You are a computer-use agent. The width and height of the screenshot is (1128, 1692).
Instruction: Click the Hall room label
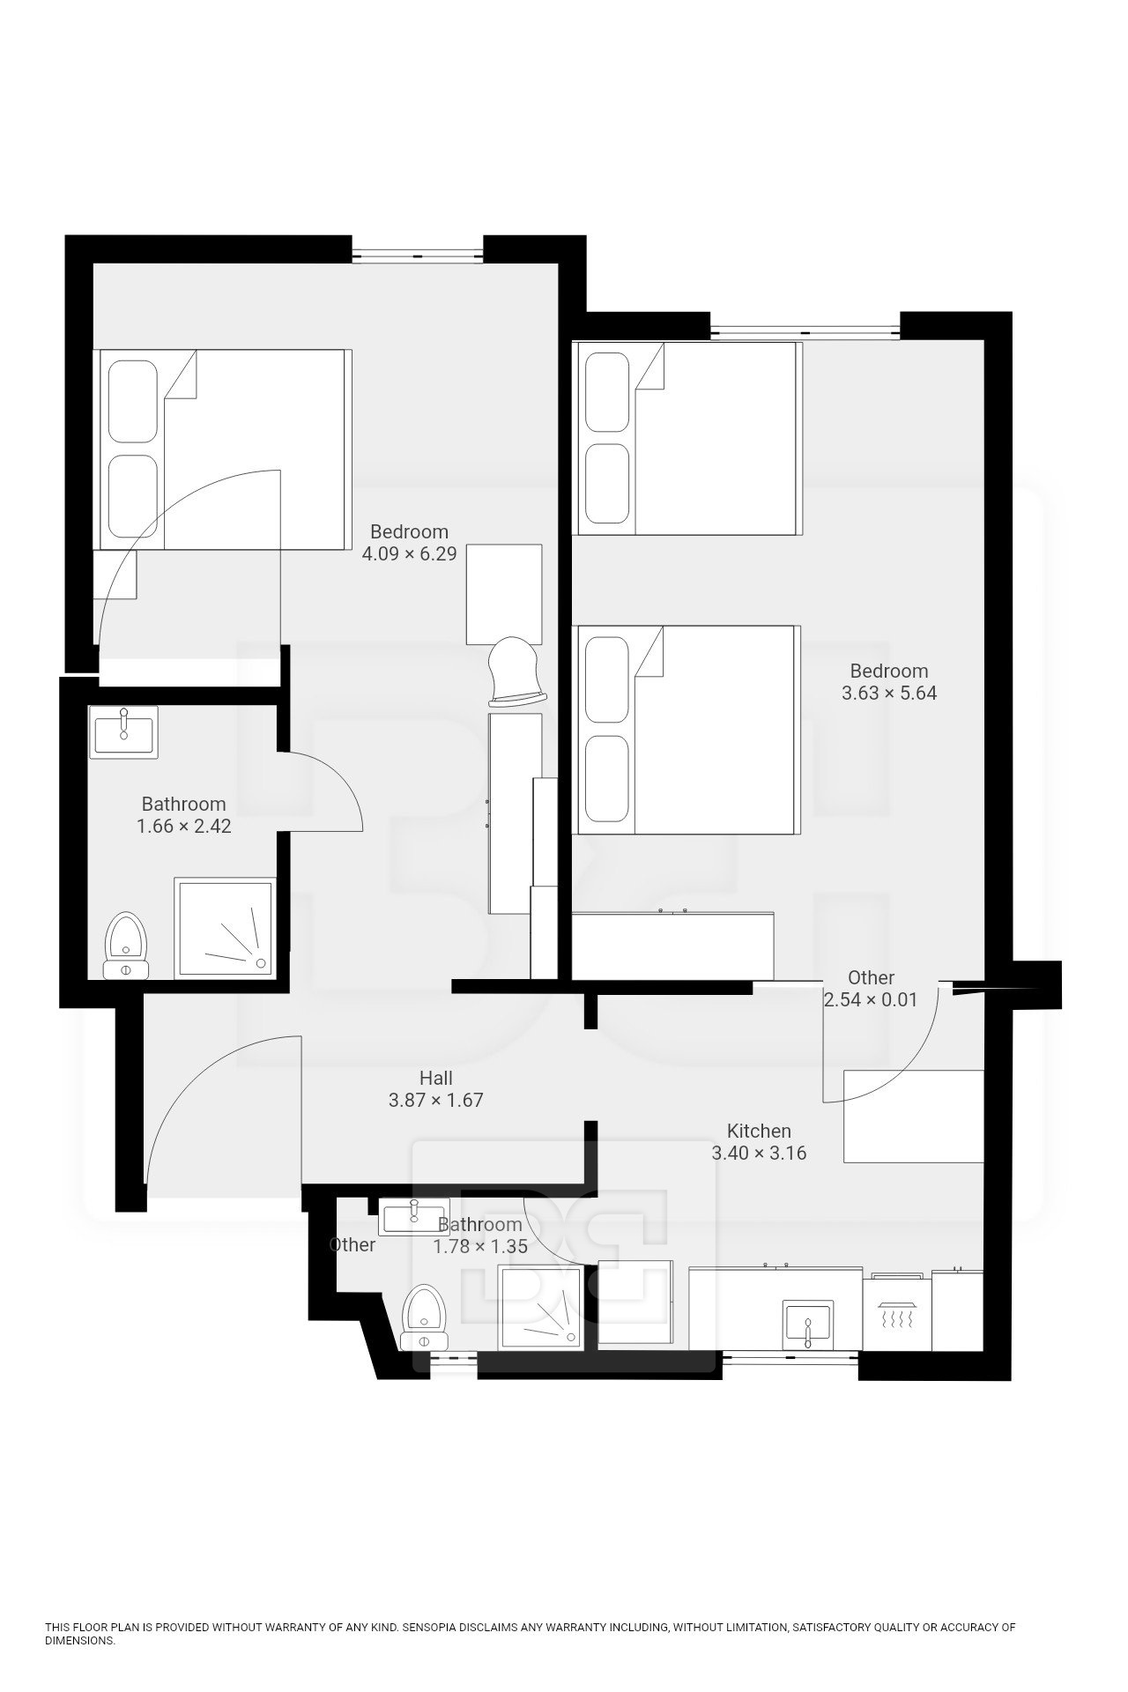(x=435, y=1078)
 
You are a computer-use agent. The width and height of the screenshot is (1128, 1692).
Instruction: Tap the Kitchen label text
(x=759, y=1131)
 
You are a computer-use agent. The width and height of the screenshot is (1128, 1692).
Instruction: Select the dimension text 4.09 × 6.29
(x=409, y=554)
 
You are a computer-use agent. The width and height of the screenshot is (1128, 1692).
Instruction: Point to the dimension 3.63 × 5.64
(x=889, y=693)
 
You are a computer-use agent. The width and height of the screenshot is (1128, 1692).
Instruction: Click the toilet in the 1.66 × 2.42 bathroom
(x=126, y=946)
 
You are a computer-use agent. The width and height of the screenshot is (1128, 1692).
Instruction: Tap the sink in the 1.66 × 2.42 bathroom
(x=124, y=731)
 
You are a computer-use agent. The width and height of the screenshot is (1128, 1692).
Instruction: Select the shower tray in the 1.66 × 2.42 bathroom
(x=226, y=927)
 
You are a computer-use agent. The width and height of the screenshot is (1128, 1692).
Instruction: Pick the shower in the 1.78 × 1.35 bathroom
(x=540, y=1308)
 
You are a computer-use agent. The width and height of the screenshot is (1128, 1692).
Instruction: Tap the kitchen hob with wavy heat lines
(x=896, y=1312)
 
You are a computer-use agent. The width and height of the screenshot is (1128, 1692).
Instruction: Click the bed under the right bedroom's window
(x=688, y=438)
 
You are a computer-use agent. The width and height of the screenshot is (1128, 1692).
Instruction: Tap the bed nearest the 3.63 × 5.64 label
(x=687, y=730)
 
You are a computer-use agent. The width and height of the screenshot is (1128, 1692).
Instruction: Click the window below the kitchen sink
(x=790, y=1360)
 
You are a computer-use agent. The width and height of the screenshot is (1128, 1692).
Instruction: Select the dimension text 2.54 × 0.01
(x=871, y=1000)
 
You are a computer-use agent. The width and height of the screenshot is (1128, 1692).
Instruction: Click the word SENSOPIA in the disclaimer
(x=428, y=1628)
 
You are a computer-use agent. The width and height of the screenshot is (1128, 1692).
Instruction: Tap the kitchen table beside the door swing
(x=914, y=1117)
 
